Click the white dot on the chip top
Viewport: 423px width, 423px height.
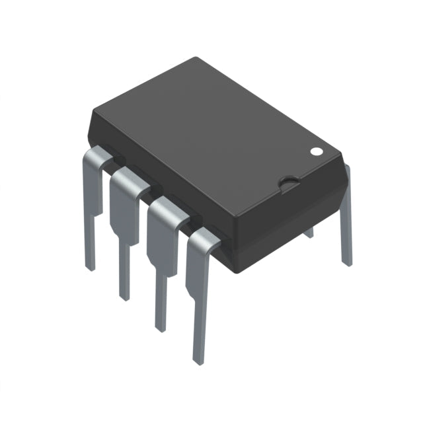(x=317, y=151)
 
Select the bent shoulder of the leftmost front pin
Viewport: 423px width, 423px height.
(x=97, y=157)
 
